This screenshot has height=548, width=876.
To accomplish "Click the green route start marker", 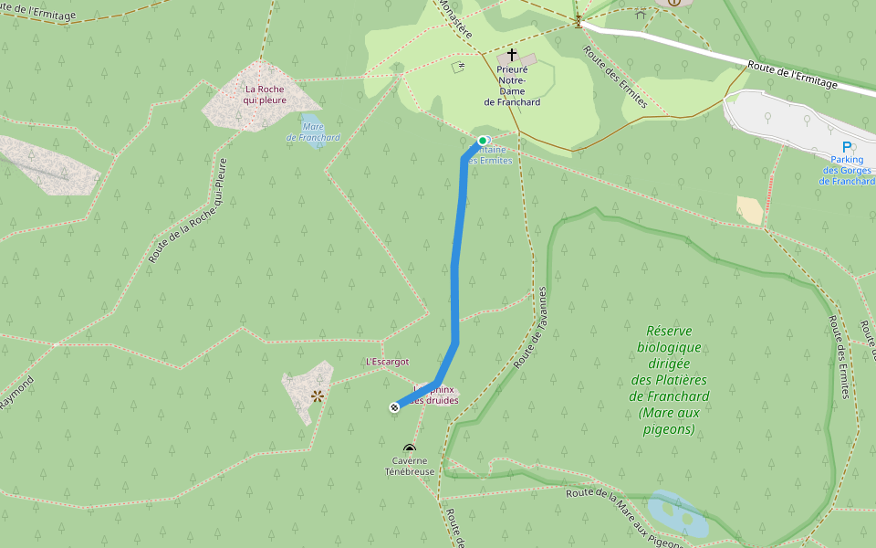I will (482, 141).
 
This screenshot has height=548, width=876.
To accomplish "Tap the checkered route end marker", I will (394, 407).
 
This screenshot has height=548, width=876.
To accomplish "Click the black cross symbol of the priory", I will (512, 55).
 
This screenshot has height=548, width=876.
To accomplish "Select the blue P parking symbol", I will (847, 147).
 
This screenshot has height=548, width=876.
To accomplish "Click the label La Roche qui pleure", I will (265, 94).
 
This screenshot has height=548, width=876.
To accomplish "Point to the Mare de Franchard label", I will (313, 132).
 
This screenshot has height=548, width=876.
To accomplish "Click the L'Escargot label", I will (387, 362).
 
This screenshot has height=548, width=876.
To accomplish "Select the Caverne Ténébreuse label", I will (409, 466).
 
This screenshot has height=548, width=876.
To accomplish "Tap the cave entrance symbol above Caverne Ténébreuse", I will (409, 448).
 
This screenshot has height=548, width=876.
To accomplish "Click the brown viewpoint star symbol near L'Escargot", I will (317, 395).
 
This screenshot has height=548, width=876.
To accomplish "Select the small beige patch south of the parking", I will (750, 210).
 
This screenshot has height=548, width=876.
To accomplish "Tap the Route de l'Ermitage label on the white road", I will (791, 76).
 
